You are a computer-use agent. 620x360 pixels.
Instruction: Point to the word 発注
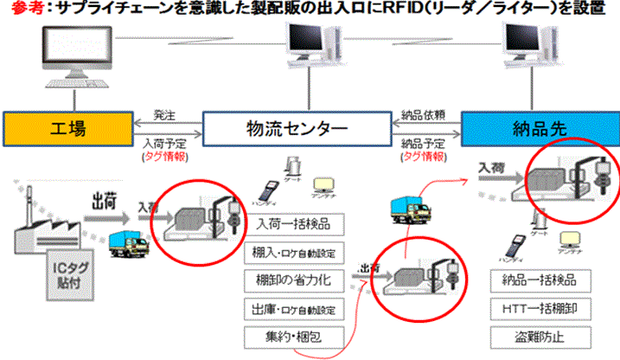click(164, 114)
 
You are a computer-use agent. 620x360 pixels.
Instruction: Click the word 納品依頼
click(424, 114)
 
